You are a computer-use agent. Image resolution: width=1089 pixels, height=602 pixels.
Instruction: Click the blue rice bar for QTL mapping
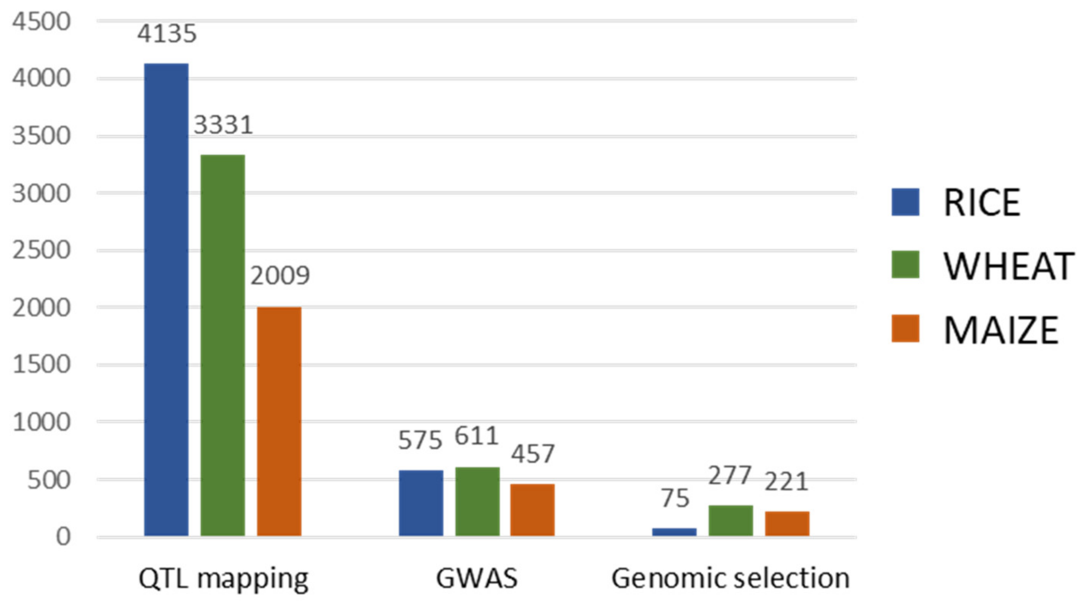[x=166, y=299]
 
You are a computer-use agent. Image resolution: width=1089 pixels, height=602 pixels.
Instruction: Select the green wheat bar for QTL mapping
[x=222, y=345]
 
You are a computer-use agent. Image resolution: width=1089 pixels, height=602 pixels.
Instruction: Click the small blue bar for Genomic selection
[x=674, y=532]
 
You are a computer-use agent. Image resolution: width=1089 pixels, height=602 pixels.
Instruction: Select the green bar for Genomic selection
[x=731, y=520]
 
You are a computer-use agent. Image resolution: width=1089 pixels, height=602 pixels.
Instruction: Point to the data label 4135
[x=167, y=34]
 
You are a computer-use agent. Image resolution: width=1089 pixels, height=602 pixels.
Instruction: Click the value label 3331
[x=223, y=125]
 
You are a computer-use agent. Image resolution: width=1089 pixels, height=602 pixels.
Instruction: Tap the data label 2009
[x=280, y=275]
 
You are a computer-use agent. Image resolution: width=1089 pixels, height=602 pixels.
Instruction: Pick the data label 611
[x=477, y=436]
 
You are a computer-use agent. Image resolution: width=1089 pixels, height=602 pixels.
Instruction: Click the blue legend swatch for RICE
[x=905, y=202]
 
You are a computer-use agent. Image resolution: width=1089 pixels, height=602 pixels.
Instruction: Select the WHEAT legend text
[x=1009, y=266]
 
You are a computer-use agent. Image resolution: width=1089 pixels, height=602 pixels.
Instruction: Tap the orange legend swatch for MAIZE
[x=905, y=328]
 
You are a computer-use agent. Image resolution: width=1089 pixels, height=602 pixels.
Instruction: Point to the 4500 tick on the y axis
[x=41, y=21]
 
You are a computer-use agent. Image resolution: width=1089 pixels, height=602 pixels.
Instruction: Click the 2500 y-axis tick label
[x=41, y=250]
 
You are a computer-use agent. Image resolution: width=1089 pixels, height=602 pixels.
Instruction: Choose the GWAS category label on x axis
[x=477, y=578]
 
